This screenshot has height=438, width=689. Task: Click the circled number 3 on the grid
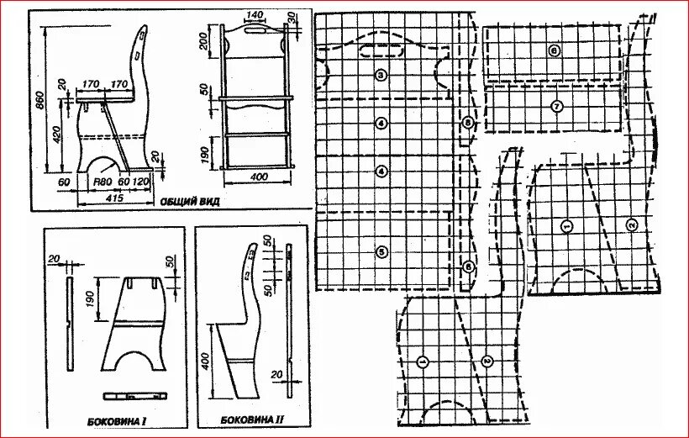click(381, 76)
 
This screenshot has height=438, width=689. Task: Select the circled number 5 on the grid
click(381, 251)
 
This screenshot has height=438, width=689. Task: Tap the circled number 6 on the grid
click(554, 50)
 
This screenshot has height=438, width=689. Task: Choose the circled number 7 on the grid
click(556, 106)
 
